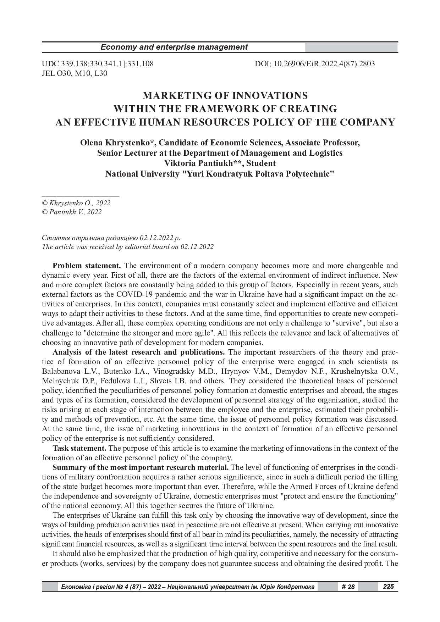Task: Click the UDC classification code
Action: click(98, 64)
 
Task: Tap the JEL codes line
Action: click(75, 73)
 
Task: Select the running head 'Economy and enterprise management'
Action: click(174, 47)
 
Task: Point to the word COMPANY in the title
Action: click(367, 122)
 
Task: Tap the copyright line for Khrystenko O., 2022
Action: click(76, 203)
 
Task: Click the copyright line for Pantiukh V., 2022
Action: click(72, 212)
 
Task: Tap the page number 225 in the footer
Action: click(389, 587)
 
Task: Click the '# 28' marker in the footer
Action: click(348, 587)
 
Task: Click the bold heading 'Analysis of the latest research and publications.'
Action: click(139, 352)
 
